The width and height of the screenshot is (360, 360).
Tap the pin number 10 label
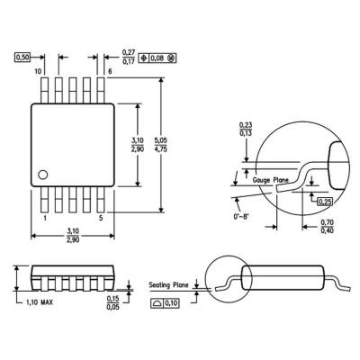tap(39, 70)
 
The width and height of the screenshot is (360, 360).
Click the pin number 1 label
tap(45, 218)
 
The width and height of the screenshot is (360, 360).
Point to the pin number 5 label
tap(100, 218)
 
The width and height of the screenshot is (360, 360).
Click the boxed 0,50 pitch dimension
tap(24, 57)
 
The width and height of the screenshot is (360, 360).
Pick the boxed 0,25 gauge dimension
tap(324, 201)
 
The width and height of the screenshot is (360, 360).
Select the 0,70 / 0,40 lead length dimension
tap(328, 227)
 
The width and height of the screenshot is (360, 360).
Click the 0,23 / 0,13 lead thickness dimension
tap(245, 130)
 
